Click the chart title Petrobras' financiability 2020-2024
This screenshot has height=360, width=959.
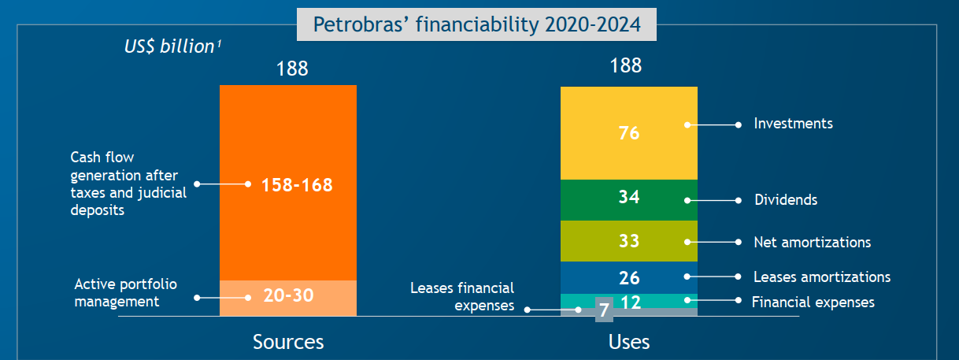[476, 24]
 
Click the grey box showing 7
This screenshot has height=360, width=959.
[603, 310]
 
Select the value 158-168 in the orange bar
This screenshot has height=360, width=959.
[297, 185]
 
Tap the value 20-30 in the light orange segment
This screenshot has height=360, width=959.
[287, 296]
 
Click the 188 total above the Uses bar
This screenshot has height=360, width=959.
[626, 65]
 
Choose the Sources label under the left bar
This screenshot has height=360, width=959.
[288, 342]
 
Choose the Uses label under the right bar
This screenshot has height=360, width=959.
[629, 342]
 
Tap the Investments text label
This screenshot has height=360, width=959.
[793, 124]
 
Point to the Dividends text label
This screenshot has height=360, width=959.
[786, 200]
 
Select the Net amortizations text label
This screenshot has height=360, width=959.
[812, 242]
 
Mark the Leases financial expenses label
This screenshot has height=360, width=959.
[462, 296]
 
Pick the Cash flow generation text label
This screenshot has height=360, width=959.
[128, 184]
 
